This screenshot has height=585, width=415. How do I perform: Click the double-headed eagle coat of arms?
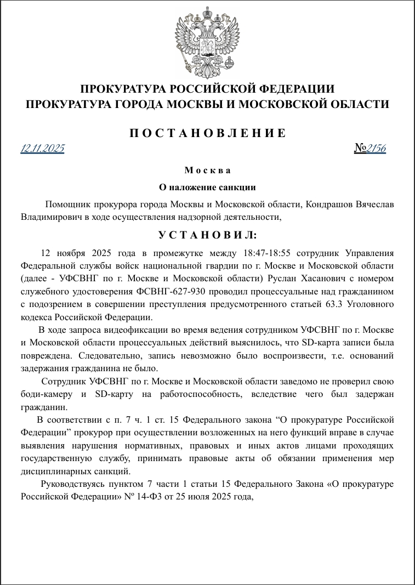click(x=207, y=43)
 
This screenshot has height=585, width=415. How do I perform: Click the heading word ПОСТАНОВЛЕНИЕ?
click(x=207, y=133)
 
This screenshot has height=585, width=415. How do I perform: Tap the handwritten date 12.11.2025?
click(x=43, y=149)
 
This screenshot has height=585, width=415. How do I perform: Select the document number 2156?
click(x=377, y=149)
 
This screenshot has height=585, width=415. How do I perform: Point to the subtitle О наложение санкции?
click(x=207, y=187)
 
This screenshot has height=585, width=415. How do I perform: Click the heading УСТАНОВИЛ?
click(x=207, y=235)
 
